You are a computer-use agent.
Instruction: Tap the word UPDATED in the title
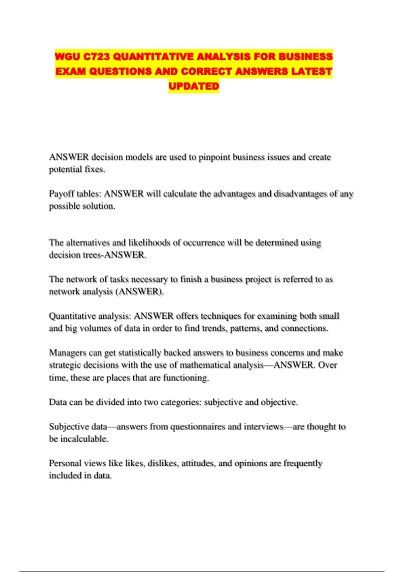tap(194, 86)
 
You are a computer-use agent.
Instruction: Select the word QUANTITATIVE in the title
tap(153, 57)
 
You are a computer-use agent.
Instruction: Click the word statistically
tap(140, 353)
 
